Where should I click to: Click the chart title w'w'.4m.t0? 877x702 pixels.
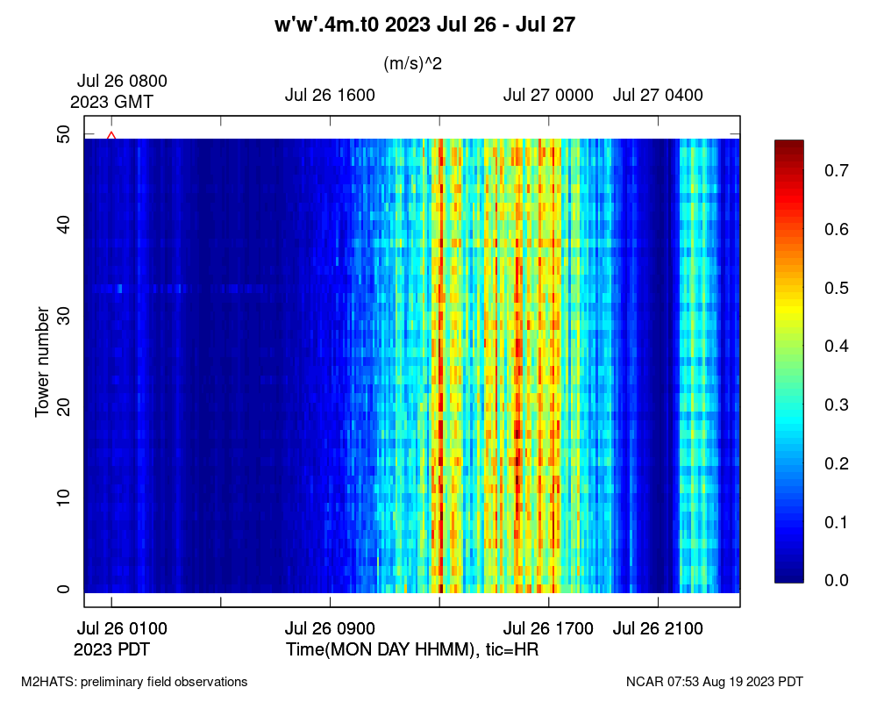click(424, 25)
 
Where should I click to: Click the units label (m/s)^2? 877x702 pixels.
click(412, 64)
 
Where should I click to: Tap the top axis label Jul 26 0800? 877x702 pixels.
click(122, 81)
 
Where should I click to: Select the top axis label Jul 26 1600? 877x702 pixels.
click(330, 96)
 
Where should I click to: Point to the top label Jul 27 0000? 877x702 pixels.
click(548, 96)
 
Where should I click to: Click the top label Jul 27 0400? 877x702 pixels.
click(658, 96)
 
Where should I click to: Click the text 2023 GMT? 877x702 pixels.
click(112, 102)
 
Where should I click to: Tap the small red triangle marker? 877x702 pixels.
click(111, 135)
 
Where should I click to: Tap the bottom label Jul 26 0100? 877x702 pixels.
click(122, 629)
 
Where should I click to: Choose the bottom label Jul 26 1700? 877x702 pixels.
click(548, 629)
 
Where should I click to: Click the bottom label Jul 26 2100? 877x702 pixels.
click(658, 629)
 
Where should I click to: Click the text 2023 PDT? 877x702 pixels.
click(112, 650)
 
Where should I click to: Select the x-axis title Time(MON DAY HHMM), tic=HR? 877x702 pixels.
click(412, 650)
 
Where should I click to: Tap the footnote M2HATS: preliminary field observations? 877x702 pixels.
click(134, 682)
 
